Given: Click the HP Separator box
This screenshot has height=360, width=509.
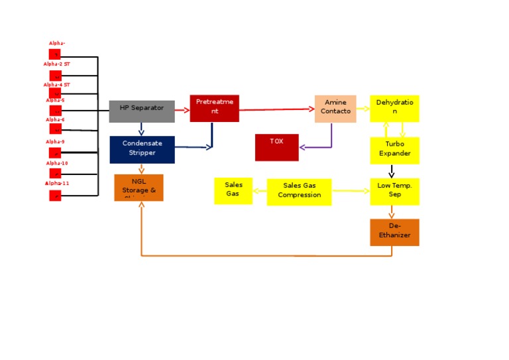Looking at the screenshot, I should [142, 111].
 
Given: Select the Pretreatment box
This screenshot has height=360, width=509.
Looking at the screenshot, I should [214, 108].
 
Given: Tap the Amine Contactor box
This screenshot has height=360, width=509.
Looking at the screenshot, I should [335, 109].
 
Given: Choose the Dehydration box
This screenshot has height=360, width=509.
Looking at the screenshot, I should [394, 108].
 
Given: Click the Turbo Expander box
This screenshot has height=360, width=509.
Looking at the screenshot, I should [394, 150].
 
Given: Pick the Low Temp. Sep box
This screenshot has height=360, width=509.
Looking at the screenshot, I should [394, 191].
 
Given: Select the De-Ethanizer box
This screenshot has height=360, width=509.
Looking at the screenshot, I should [394, 232].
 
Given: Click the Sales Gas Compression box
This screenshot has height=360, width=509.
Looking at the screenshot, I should [299, 192].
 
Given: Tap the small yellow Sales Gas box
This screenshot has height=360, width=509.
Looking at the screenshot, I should [233, 191].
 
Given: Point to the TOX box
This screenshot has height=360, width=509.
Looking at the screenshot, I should [276, 147].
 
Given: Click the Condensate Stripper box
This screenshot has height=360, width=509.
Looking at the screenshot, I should [142, 149].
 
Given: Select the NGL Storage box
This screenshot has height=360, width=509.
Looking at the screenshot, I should [139, 188].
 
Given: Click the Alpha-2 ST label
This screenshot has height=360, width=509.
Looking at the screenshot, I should [56, 64].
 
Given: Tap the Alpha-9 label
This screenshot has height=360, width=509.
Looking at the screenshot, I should [55, 142].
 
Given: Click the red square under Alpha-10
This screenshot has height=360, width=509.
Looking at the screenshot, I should [55, 174].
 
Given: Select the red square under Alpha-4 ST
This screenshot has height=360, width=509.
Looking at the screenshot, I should [55, 93].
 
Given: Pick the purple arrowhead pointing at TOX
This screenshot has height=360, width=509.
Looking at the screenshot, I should [302, 147].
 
